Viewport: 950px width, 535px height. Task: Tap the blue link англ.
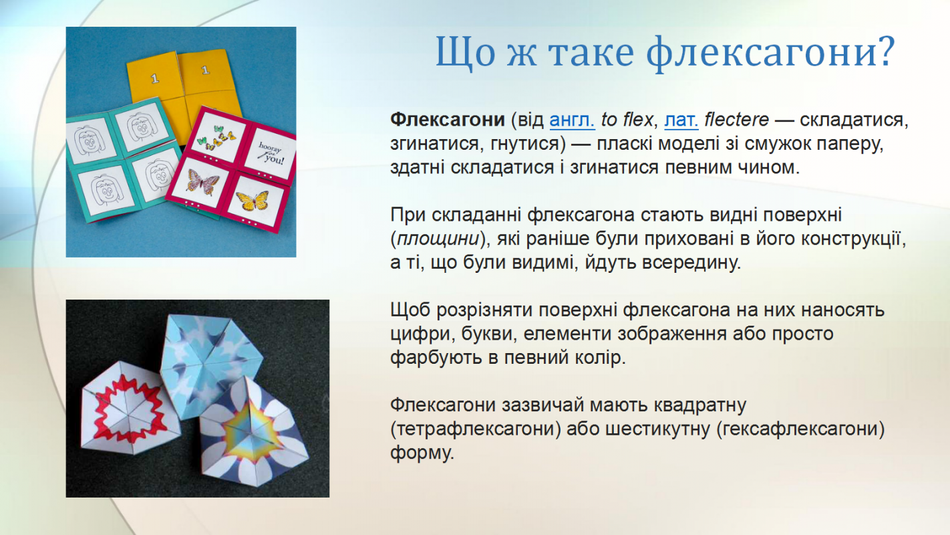pyautogui.click(x=572, y=120)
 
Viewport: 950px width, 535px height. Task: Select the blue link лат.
pyautogui.click(x=681, y=120)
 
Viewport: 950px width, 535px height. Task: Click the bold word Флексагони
pyautogui.click(x=448, y=120)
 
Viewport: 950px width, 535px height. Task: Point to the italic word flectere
pyautogui.click(x=736, y=120)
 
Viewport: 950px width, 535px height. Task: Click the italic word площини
pyautogui.click(x=438, y=239)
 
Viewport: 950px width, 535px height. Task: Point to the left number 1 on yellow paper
pyautogui.click(x=155, y=78)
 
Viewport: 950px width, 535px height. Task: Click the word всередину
pyautogui.click(x=691, y=263)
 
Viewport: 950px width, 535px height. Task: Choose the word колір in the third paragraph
pyautogui.click(x=600, y=358)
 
